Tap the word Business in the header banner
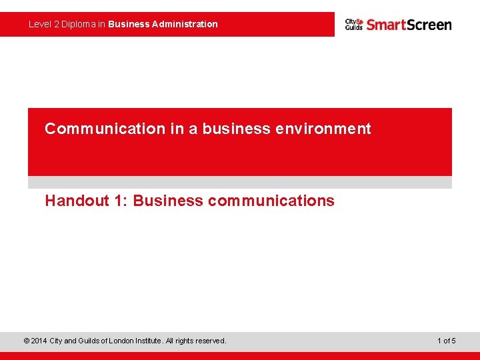click(129, 24)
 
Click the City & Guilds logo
click(354, 25)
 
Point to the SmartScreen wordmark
click(409, 25)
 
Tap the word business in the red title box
click(236, 129)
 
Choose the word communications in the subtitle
click(271, 201)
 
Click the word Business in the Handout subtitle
click(167, 201)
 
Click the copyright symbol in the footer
click(26, 341)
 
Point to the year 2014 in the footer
click(39, 341)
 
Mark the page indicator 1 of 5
click(447, 341)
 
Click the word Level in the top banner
click(39, 24)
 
